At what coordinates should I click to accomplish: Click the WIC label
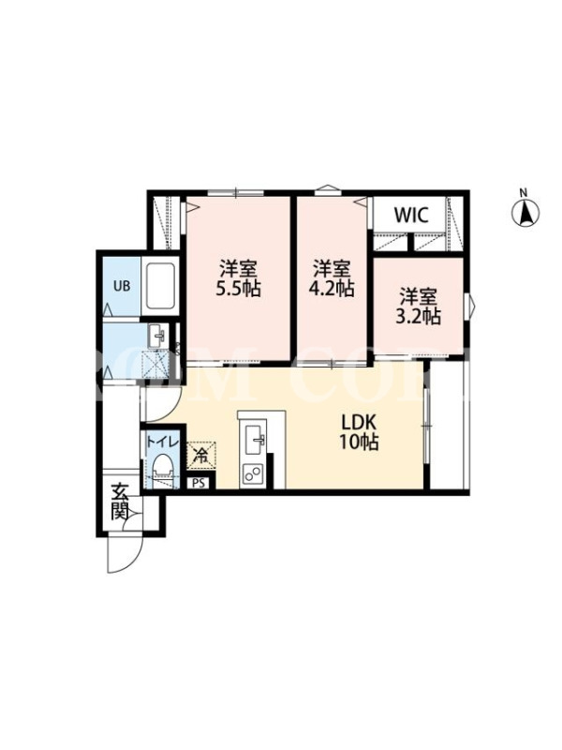[411, 216]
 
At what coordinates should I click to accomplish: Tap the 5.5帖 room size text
[239, 289]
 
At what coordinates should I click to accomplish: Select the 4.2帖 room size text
[332, 289]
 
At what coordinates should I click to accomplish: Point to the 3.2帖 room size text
[418, 316]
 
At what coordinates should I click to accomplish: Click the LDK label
[359, 423]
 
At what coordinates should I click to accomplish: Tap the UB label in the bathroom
[122, 286]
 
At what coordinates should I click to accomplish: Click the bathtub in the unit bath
[160, 286]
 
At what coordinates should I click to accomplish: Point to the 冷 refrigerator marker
[201, 456]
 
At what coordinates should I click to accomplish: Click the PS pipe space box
[199, 483]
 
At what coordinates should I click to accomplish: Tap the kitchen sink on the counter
[255, 441]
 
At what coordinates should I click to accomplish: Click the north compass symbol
[525, 213]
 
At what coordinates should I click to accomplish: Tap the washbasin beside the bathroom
[157, 337]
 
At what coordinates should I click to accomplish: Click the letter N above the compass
[524, 193]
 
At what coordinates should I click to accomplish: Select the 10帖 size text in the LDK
[359, 442]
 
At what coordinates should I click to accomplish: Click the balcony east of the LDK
[448, 425]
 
